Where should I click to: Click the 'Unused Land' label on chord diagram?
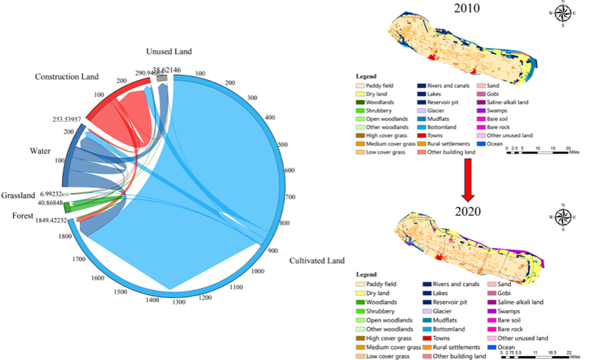click(x=169, y=51)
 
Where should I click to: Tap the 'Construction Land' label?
click(x=66, y=77)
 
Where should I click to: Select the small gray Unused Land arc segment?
click(x=162, y=79)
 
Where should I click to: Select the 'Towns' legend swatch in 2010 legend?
click(x=423, y=143)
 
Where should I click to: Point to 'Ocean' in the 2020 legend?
click(x=507, y=347)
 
